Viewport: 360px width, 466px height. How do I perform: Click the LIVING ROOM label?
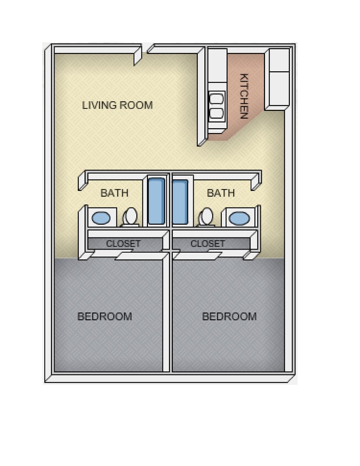click(117, 105)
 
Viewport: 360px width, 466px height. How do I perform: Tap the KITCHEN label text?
click(243, 96)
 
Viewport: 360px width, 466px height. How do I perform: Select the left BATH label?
click(114, 193)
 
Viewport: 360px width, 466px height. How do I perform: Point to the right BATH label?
click(221, 193)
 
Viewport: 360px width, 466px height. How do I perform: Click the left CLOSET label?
click(123, 243)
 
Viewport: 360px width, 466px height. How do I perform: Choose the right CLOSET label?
click(208, 243)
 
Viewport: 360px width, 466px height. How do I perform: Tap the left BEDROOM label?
click(104, 316)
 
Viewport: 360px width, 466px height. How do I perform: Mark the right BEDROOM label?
click(229, 316)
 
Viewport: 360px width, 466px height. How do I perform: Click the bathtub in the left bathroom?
click(156, 200)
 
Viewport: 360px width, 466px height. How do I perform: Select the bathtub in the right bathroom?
click(180, 200)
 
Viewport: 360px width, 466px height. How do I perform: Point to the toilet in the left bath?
click(131, 216)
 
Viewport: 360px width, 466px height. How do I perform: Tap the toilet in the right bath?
click(206, 216)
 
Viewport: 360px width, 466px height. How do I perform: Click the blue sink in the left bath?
click(101, 218)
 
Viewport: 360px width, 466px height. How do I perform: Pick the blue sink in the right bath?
click(239, 218)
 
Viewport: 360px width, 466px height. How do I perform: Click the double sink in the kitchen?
click(216, 106)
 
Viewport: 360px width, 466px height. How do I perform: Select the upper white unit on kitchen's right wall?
click(279, 60)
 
